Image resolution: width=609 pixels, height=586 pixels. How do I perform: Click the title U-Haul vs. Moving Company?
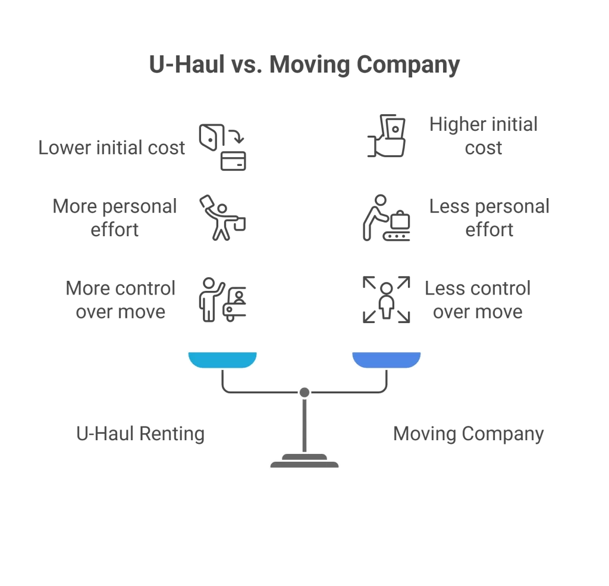(304, 65)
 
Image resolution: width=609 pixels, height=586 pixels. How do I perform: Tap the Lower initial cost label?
(112, 148)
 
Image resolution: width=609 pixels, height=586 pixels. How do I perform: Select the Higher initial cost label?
(483, 136)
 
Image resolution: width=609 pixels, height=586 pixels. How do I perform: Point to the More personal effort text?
(115, 218)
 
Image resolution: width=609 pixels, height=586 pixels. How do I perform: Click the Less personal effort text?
(489, 218)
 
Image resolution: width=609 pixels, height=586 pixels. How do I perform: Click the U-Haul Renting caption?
(140, 433)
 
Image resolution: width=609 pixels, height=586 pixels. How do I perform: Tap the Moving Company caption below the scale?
(468, 433)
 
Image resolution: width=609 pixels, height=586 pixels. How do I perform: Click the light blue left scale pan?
(222, 359)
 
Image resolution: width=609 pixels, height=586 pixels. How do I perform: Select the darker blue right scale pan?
(387, 359)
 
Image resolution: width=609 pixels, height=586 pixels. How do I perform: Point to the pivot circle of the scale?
(304, 392)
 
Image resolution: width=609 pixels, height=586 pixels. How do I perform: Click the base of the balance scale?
(304, 461)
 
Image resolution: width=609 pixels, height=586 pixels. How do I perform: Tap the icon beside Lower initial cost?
(222, 148)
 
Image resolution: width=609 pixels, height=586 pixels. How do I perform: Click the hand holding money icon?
(387, 136)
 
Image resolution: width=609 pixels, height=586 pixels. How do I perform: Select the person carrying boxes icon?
(222, 218)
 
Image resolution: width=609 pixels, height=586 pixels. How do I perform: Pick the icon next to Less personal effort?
(387, 218)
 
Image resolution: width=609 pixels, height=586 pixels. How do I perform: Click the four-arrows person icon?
(387, 300)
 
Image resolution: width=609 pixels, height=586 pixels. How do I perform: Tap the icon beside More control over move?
(222, 300)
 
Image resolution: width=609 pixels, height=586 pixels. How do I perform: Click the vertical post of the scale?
(304, 425)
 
